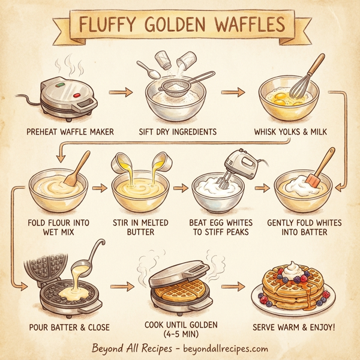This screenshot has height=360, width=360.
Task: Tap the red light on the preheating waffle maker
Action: [x=76, y=95]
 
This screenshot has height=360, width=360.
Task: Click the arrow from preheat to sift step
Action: [x=119, y=92]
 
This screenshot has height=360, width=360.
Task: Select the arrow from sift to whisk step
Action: [x=233, y=92]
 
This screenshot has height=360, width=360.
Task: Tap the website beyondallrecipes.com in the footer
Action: [x=227, y=349]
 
